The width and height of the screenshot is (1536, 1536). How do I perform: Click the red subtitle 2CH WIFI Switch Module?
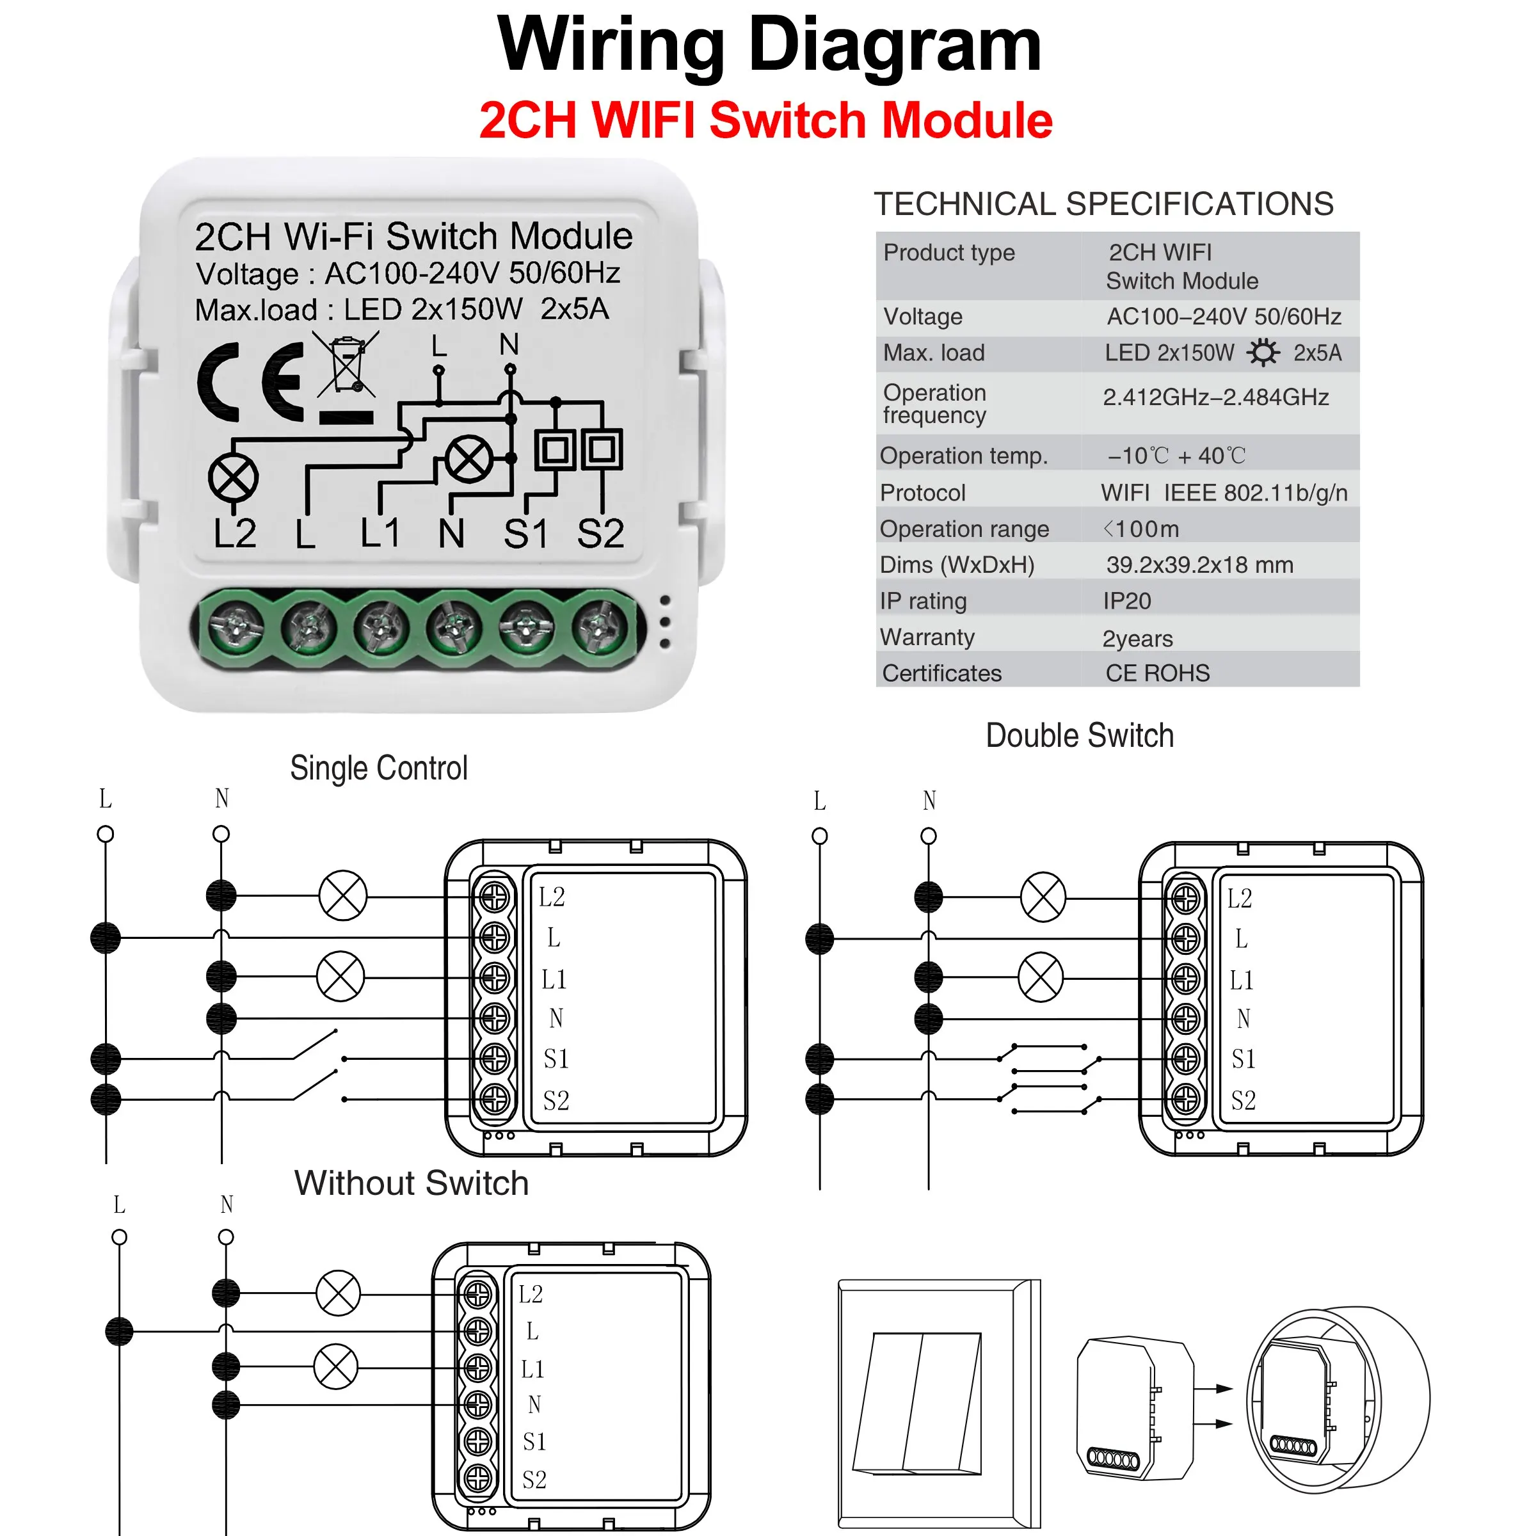[765, 121]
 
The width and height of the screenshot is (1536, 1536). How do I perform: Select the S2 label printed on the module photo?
[600, 534]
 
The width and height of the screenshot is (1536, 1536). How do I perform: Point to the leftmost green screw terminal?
[236, 627]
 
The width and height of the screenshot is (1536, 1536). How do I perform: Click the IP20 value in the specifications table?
[1126, 601]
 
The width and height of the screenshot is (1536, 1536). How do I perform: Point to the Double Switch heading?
[1079, 735]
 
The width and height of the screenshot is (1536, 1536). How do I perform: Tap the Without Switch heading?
[411, 1183]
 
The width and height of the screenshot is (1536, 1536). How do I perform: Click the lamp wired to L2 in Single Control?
[342, 896]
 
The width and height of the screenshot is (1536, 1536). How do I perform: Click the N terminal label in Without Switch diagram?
[534, 1405]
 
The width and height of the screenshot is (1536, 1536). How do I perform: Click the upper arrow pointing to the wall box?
[1213, 1389]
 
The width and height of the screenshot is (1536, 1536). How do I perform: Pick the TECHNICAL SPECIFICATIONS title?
[1103, 204]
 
